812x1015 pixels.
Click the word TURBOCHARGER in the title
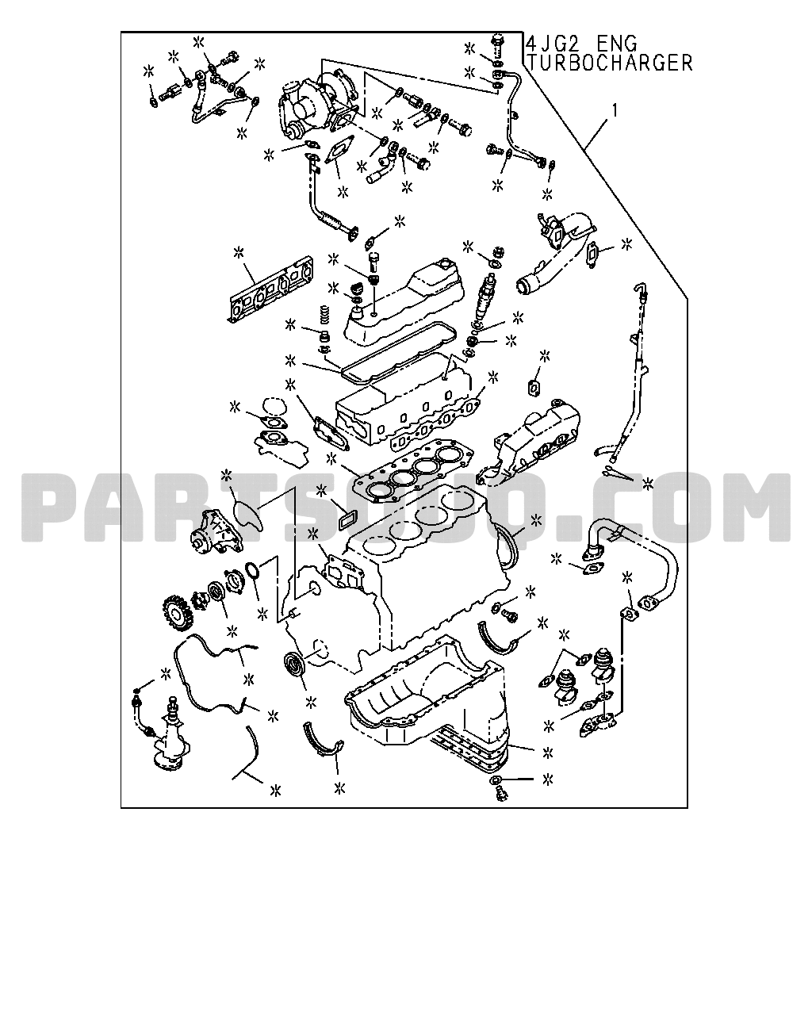(x=610, y=63)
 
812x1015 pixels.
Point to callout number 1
(x=615, y=111)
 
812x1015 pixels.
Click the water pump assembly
(x=216, y=531)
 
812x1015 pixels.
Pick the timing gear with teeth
(x=178, y=616)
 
